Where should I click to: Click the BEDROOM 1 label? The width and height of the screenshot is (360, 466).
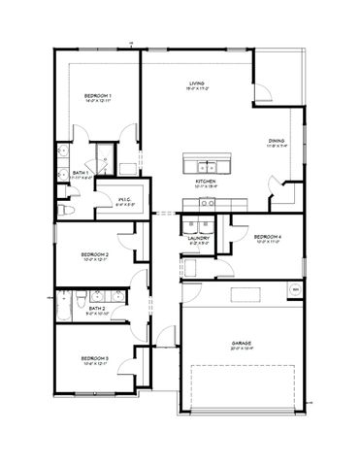[97, 95]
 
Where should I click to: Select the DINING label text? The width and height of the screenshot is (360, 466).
[277, 141]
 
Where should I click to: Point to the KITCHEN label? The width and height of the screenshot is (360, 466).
[205, 181]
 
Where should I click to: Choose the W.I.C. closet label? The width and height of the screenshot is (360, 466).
[123, 199]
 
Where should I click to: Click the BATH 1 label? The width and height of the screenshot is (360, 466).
[82, 172]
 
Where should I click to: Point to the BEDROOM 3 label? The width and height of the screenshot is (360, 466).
[94, 358]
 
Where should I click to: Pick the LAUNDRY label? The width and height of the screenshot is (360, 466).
[200, 237]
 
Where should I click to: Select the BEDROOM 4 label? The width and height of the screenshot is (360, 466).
[267, 237]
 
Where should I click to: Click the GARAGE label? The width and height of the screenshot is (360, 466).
[242, 343]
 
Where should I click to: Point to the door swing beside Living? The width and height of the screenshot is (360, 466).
[263, 92]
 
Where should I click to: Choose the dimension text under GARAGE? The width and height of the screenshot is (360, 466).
[242, 349]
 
